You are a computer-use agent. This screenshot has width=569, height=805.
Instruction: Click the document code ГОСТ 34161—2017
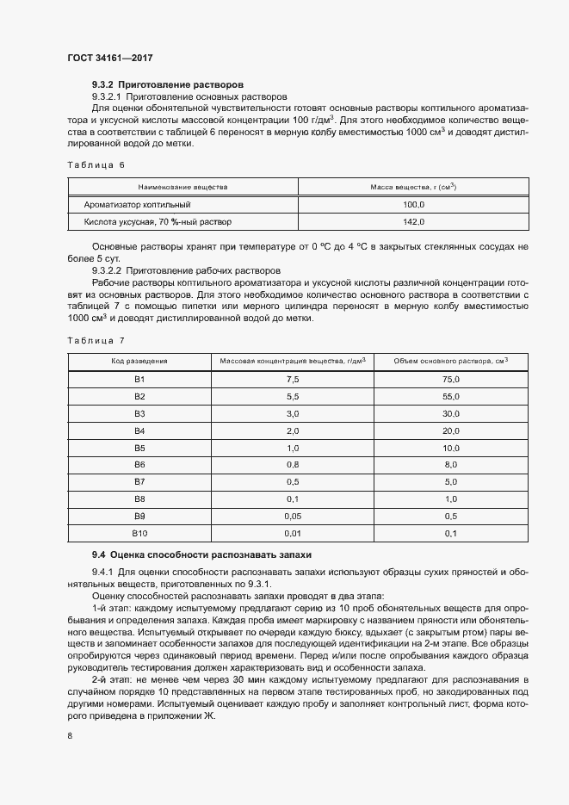click(x=111, y=58)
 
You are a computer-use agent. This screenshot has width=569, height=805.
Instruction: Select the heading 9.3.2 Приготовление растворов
click(x=168, y=85)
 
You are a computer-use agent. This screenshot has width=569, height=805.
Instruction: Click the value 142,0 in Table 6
click(x=414, y=222)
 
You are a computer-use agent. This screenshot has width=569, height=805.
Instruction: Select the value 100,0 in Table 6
click(x=414, y=205)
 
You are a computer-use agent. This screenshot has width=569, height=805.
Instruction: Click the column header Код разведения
click(x=139, y=362)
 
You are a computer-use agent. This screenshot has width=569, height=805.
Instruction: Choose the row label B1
click(x=139, y=380)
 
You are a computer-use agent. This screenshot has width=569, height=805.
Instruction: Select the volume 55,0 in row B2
click(x=451, y=397)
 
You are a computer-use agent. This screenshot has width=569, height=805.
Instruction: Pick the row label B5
click(x=139, y=449)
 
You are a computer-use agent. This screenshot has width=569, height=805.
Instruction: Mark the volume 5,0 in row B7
click(x=451, y=482)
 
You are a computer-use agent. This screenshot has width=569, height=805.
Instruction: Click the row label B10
click(x=139, y=534)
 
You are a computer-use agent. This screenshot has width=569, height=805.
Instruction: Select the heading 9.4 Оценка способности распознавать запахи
click(x=200, y=555)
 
